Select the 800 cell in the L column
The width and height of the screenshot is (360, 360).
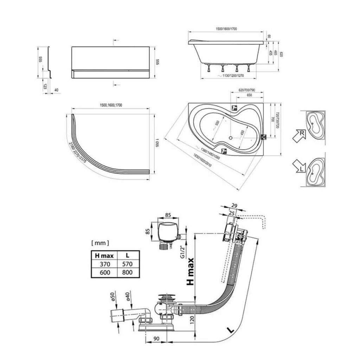click(x=128, y=272)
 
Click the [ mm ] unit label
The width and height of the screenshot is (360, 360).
click(x=100, y=243)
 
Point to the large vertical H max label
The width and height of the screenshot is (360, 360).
click(x=190, y=272)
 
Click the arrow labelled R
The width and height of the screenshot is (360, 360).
click(x=298, y=135)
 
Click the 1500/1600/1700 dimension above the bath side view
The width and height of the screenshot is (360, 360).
click(x=227, y=29)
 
